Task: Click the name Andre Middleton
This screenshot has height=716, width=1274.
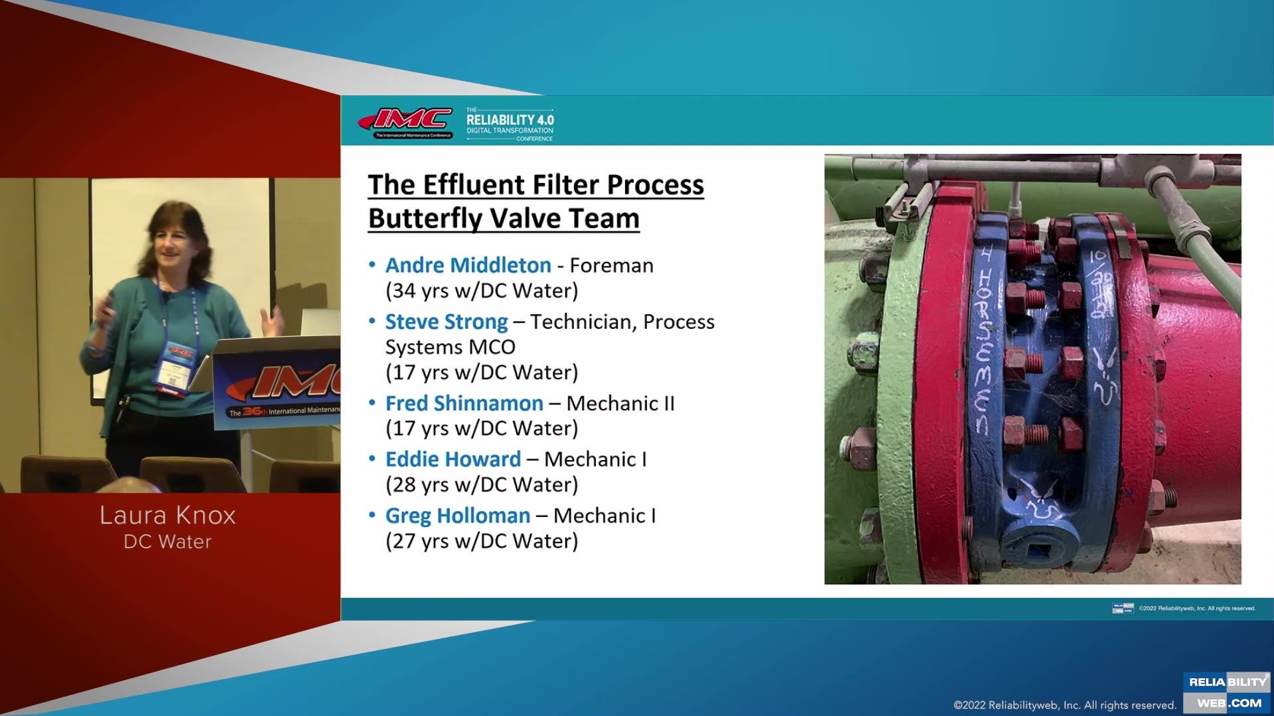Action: point(468,265)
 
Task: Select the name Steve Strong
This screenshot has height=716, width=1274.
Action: point(446,322)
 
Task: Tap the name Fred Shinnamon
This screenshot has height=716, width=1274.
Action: point(464,403)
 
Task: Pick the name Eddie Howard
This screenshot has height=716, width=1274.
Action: point(453,459)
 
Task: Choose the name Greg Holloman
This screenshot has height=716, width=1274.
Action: point(457,516)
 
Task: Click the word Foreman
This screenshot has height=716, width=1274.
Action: point(611,265)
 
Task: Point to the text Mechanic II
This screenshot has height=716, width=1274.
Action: point(620,403)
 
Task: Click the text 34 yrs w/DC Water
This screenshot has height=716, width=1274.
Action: point(482,291)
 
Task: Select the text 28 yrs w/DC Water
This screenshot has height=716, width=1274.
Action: point(482,485)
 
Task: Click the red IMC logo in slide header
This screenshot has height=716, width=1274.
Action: point(406,122)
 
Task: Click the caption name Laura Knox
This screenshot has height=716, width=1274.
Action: point(168,515)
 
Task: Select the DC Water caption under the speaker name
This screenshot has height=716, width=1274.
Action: point(168,542)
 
